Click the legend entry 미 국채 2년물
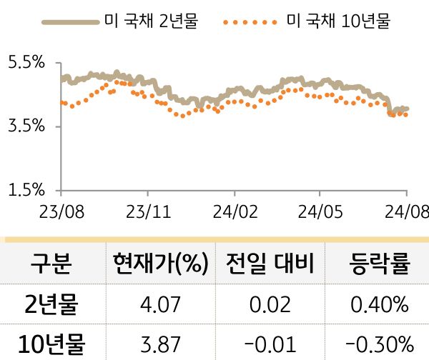pyautogui.click(x=150, y=22)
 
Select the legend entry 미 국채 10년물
pyautogui.click(x=337, y=22)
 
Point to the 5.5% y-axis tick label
pyautogui.click(x=26, y=63)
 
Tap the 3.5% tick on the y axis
pyautogui.click(x=26, y=126)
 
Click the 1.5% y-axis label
pyautogui.click(x=26, y=190)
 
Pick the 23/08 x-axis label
pyautogui.click(x=61, y=212)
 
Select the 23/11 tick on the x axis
pyautogui.click(x=148, y=212)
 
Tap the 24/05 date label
pyautogui.click(x=320, y=212)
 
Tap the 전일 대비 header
pyautogui.click(x=270, y=265)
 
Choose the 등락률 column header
pyautogui.click(x=379, y=265)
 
